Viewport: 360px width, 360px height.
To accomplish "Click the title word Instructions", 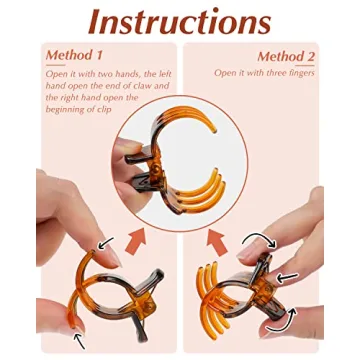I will pyautogui.click(x=180, y=22).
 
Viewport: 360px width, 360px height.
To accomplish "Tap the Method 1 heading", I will pyautogui.click(x=74, y=56).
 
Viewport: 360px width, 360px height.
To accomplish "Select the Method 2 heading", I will pyautogui.click(x=286, y=56).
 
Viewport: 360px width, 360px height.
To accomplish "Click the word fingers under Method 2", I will pyautogui.click(x=301, y=73).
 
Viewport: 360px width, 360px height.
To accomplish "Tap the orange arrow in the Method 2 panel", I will pyautogui.click(x=217, y=242).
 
